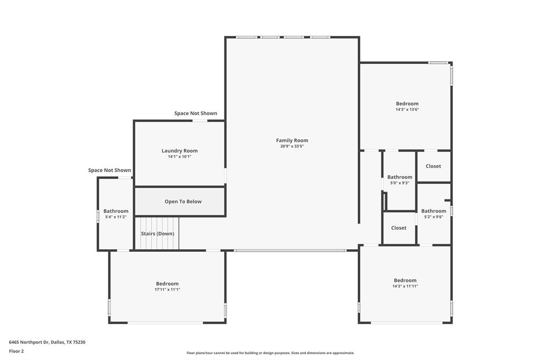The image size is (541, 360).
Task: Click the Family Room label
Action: point(292,140)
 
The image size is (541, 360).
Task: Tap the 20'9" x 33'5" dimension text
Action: point(292,146)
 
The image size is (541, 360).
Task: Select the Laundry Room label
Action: point(180,151)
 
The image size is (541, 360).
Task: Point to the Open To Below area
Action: point(183,202)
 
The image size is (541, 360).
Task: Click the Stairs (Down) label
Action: point(157,234)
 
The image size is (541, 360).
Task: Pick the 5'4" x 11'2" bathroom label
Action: point(116,211)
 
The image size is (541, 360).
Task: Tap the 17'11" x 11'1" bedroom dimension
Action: point(167,289)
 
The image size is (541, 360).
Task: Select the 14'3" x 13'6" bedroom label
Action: point(407,104)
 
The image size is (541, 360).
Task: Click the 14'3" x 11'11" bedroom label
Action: point(405,280)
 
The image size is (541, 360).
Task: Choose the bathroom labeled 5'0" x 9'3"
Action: point(399,177)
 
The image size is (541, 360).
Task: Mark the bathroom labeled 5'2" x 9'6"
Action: point(433,211)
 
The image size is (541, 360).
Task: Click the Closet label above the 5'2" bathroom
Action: point(433,166)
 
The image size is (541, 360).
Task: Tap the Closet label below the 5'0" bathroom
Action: point(399,228)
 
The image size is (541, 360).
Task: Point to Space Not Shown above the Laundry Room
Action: point(195,113)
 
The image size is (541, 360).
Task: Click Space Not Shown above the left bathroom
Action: point(109,170)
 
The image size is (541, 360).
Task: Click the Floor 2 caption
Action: point(16,351)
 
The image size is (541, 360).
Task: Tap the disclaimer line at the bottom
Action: point(270,353)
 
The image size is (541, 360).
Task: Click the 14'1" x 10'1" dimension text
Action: point(180,157)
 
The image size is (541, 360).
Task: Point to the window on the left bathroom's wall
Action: point(98,216)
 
